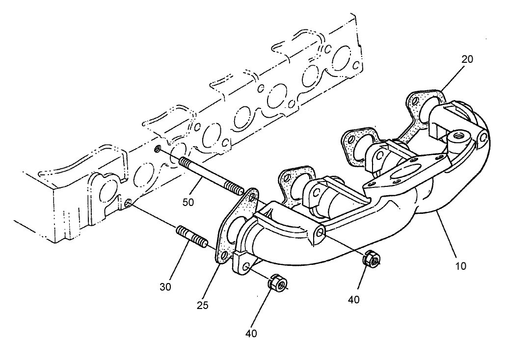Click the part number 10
(461, 266)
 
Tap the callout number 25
(203, 305)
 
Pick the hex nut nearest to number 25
(276, 283)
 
